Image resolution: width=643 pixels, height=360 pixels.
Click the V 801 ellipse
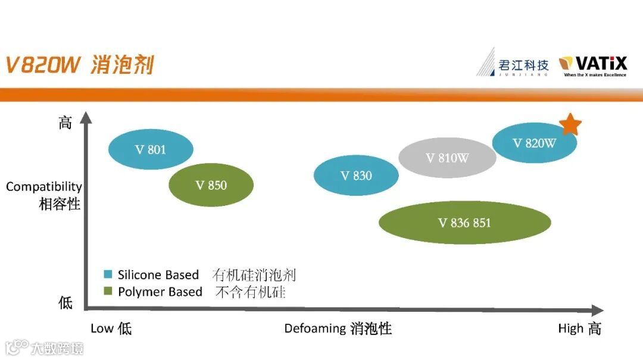coord(151,149)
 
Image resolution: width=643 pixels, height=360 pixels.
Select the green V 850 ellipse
coord(211,185)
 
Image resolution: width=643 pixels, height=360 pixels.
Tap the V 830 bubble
coord(356,176)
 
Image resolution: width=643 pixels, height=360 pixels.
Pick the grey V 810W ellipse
coord(447,158)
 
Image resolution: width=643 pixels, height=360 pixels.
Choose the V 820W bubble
coord(534,143)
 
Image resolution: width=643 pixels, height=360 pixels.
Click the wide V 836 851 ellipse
coord(464,223)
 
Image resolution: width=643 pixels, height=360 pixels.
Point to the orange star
coord(570,124)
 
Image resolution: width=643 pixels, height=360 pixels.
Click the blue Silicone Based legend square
coord(108,275)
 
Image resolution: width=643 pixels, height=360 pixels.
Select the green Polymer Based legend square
coord(108,292)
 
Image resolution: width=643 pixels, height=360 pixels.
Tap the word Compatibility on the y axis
coord(44,187)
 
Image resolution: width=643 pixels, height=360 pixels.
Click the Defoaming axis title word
coord(315,328)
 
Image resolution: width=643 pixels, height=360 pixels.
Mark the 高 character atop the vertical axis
coord(65,123)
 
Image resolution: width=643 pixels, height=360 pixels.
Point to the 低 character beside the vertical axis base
coord(65,302)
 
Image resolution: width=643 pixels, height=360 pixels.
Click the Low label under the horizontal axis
coord(102,328)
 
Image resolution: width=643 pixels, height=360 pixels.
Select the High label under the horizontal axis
coord(570,328)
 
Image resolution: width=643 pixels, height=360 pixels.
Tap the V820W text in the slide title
coord(42,65)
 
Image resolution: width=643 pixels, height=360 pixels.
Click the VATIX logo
coord(593,65)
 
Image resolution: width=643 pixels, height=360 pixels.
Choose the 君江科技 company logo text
coord(524,64)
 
